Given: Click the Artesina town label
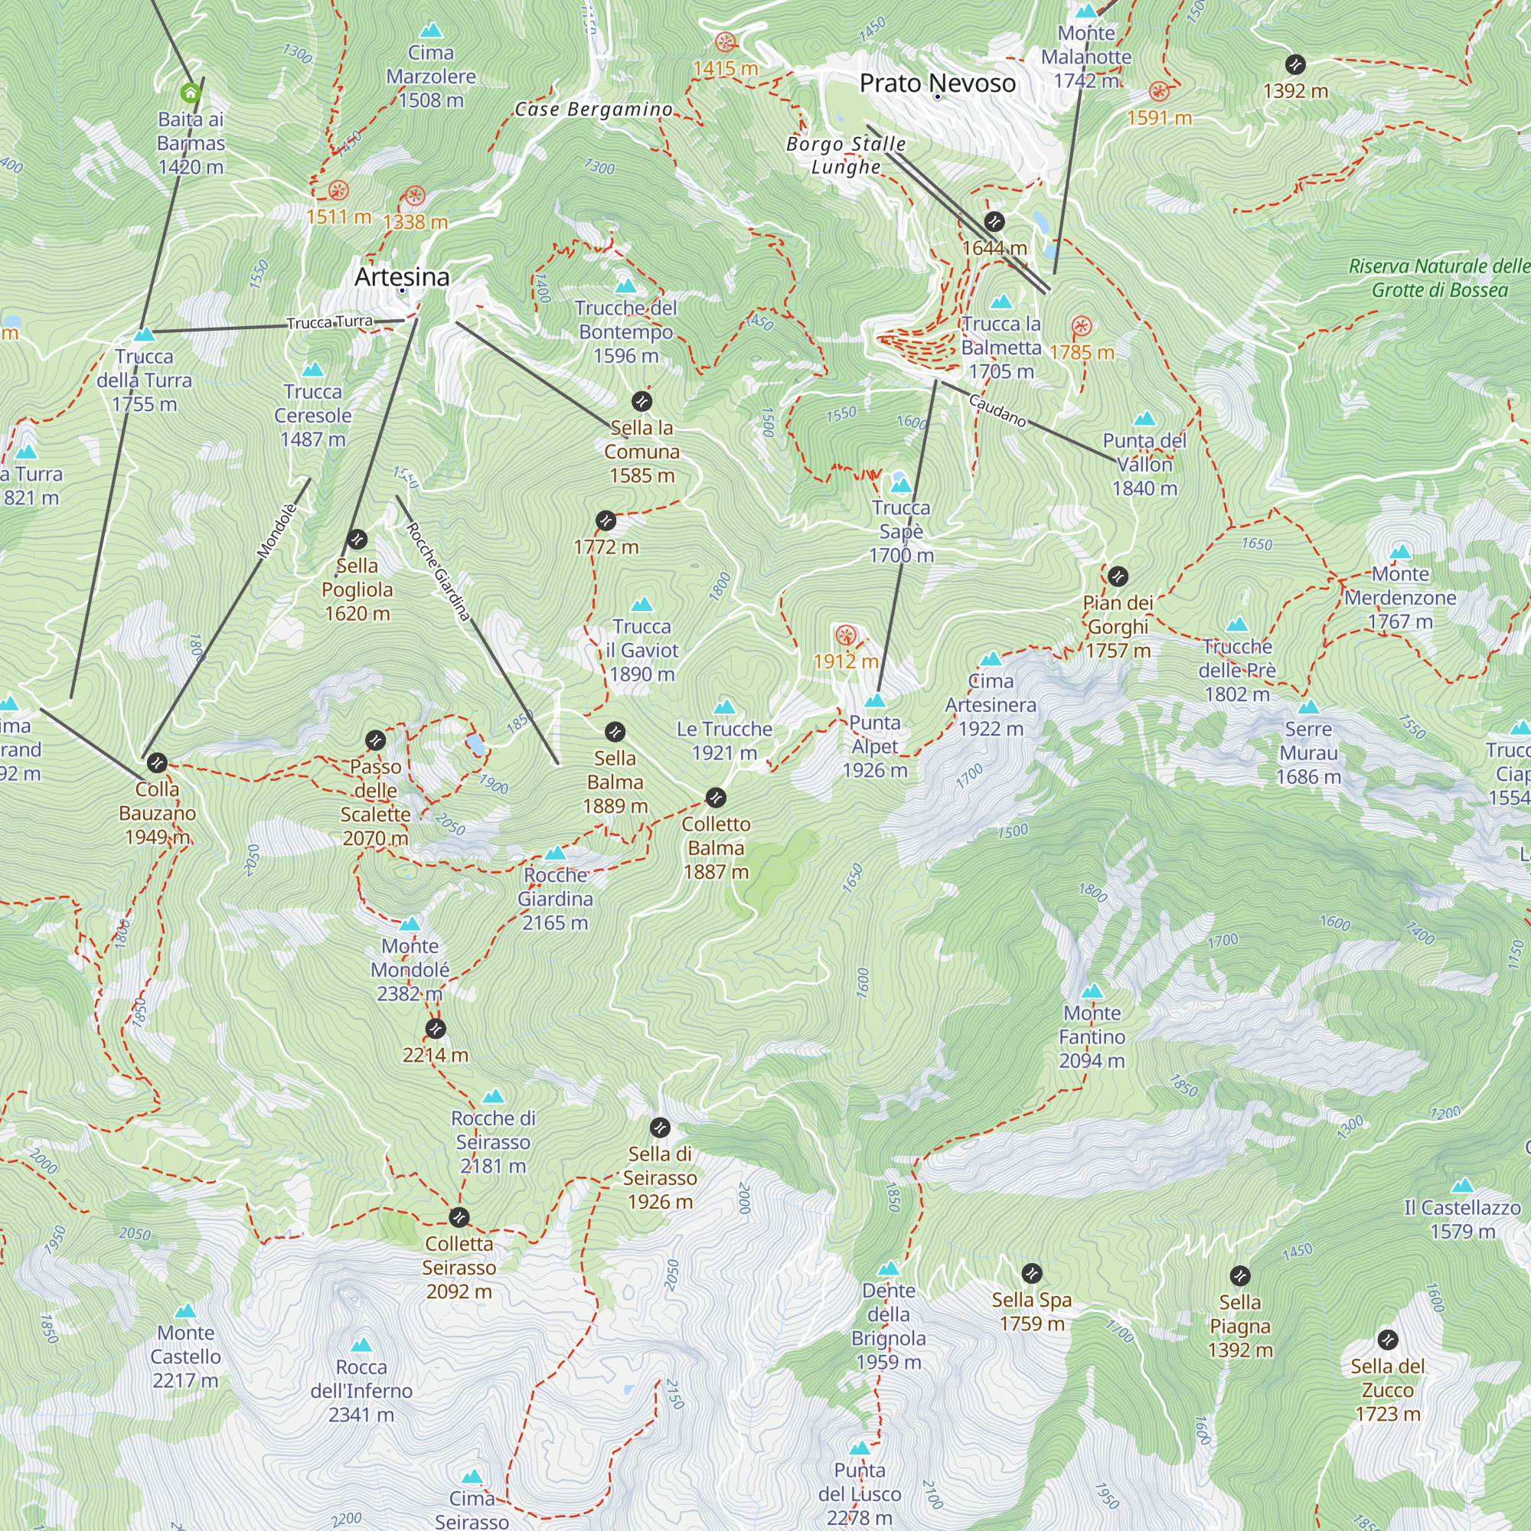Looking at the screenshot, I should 402,276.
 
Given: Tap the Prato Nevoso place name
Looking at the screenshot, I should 937,83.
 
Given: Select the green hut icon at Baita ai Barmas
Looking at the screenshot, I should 190,93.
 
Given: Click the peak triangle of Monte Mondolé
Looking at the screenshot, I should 410,924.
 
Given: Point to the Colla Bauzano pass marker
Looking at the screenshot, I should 157,762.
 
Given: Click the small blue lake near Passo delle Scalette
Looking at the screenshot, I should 475,745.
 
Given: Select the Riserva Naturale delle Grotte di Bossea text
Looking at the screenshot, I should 1439,278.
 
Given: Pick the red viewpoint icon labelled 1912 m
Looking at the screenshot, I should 846,635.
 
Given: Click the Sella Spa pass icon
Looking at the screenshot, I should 1031,1274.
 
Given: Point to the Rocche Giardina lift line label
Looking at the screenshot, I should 438,570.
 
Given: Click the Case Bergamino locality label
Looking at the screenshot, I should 593,109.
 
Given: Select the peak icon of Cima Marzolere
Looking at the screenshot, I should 430,31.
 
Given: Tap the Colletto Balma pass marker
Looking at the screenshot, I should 715,797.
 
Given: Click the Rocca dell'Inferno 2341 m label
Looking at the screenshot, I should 361,1390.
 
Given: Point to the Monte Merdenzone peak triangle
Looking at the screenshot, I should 1400,551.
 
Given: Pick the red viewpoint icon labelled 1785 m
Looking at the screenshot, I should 1082,325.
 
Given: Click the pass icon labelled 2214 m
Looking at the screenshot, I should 435,1029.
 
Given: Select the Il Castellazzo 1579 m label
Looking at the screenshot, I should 1462,1219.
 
